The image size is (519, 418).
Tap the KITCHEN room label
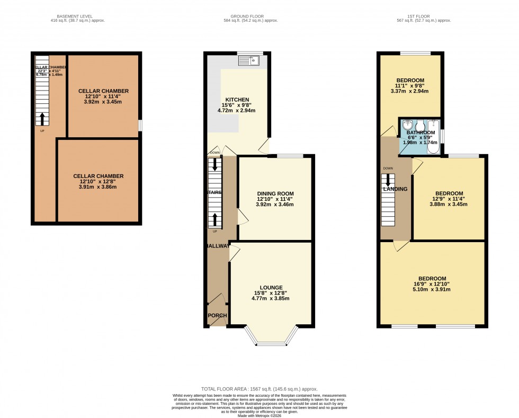point(237,100)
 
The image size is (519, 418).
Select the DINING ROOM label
point(275,193)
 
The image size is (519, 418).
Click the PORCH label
point(217,316)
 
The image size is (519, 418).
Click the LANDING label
point(395,189)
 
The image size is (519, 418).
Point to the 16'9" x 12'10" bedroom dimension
point(432,284)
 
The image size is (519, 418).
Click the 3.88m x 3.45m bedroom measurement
point(449,204)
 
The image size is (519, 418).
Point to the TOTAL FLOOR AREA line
point(259,389)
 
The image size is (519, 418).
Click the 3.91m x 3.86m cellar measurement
point(98,187)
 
